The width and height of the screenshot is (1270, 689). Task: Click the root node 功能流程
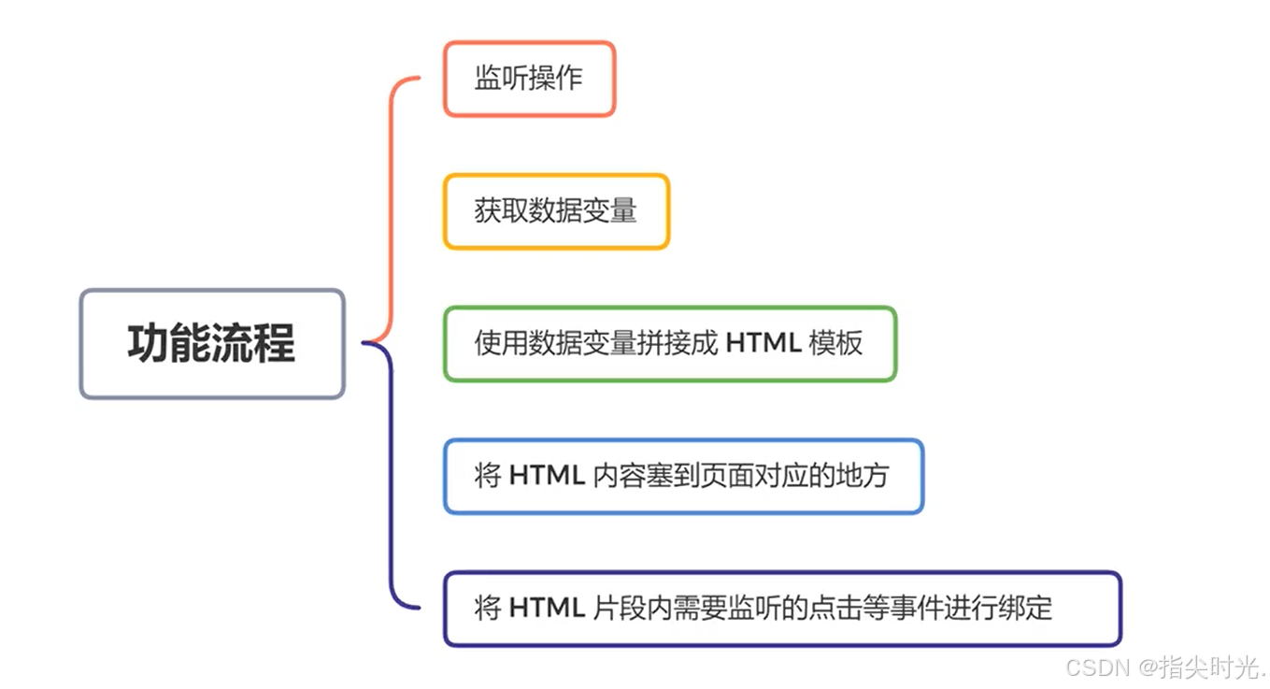(x=212, y=343)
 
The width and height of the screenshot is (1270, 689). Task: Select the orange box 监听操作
(x=529, y=79)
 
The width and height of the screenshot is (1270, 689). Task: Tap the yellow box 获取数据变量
(x=556, y=211)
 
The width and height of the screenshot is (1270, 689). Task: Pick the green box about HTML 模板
(x=669, y=343)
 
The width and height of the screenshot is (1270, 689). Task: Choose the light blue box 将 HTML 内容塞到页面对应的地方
(x=683, y=476)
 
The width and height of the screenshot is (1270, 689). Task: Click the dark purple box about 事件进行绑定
(x=781, y=609)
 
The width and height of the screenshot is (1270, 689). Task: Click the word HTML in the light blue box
(x=547, y=476)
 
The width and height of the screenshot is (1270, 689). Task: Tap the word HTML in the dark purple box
(x=547, y=609)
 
